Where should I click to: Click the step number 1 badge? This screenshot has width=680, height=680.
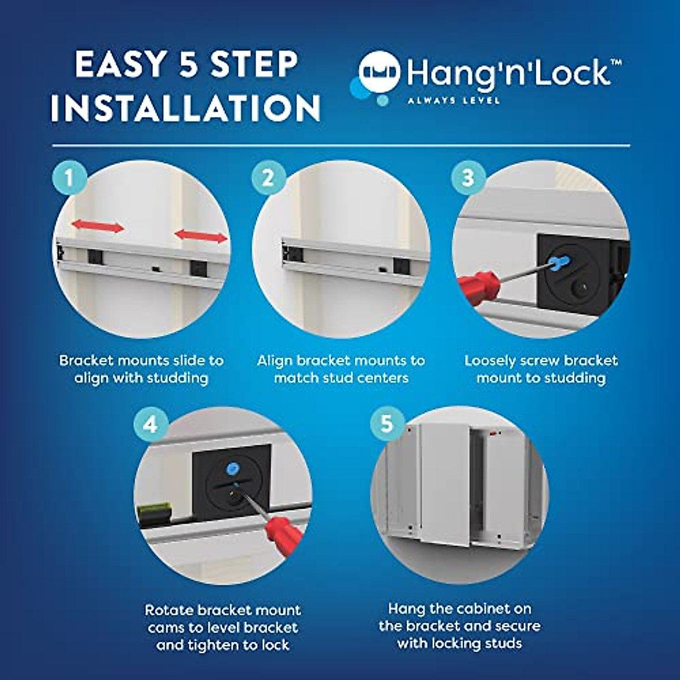(x=69, y=178)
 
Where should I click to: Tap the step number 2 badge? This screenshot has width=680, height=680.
(x=268, y=178)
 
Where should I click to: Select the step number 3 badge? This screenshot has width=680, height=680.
(x=467, y=178)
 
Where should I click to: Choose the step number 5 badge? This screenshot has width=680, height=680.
(x=386, y=423)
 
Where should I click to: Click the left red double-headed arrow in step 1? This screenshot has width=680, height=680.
(x=97, y=227)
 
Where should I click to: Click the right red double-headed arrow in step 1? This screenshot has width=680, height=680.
(x=201, y=235)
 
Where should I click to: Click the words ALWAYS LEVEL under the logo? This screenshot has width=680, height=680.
(x=453, y=101)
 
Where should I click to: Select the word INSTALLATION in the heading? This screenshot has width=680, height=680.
(x=186, y=108)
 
